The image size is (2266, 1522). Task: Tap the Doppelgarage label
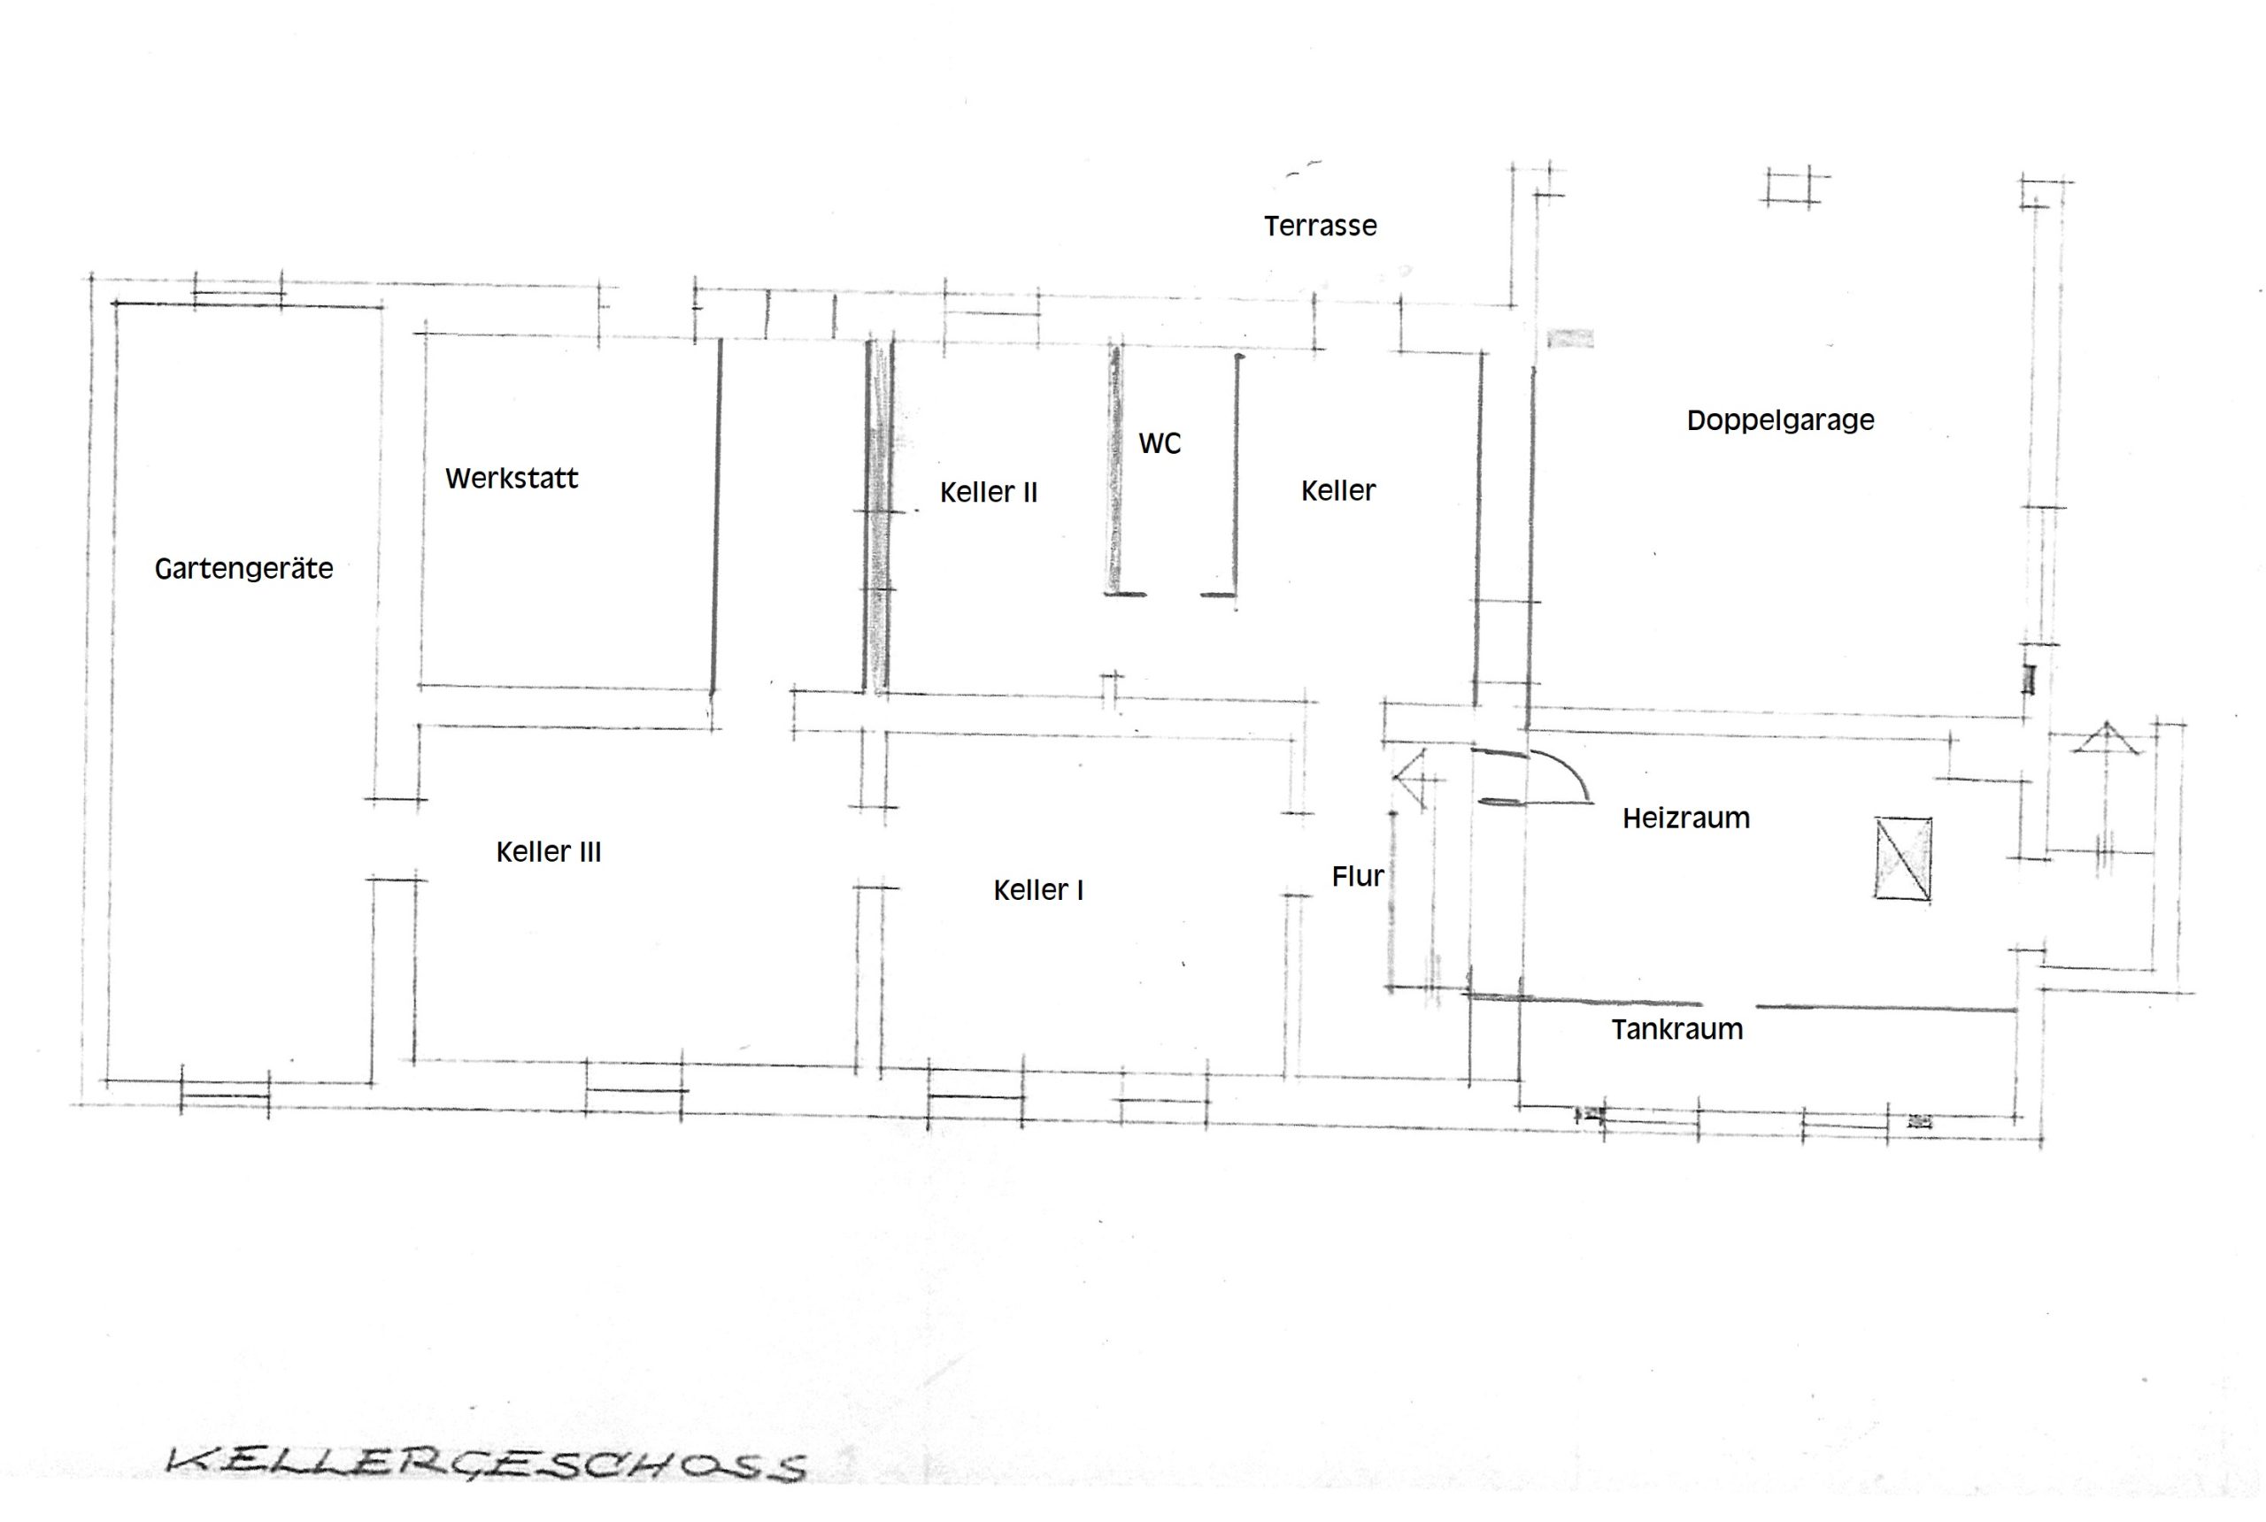click(1779, 421)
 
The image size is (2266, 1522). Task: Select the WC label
click(1160, 443)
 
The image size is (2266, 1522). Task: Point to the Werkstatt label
click(512, 479)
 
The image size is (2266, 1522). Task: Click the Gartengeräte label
click(243, 569)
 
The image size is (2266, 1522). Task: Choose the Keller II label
click(989, 493)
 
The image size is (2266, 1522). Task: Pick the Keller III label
click(549, 852)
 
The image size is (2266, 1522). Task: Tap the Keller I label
click(1038, 890)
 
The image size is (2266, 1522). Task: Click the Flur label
click(1357, 877)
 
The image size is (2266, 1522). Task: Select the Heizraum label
click(1685, 819)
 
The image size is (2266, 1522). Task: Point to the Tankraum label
click(1676, 1029)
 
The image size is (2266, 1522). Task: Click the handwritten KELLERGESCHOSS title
click(485, 1463)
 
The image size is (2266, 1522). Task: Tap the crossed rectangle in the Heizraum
click(1902, 859)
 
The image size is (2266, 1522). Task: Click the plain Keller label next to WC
click(1337, 491)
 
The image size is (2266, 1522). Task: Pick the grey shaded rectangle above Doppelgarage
click(1570, 339)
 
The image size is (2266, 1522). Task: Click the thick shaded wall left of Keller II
click(879, 518)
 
